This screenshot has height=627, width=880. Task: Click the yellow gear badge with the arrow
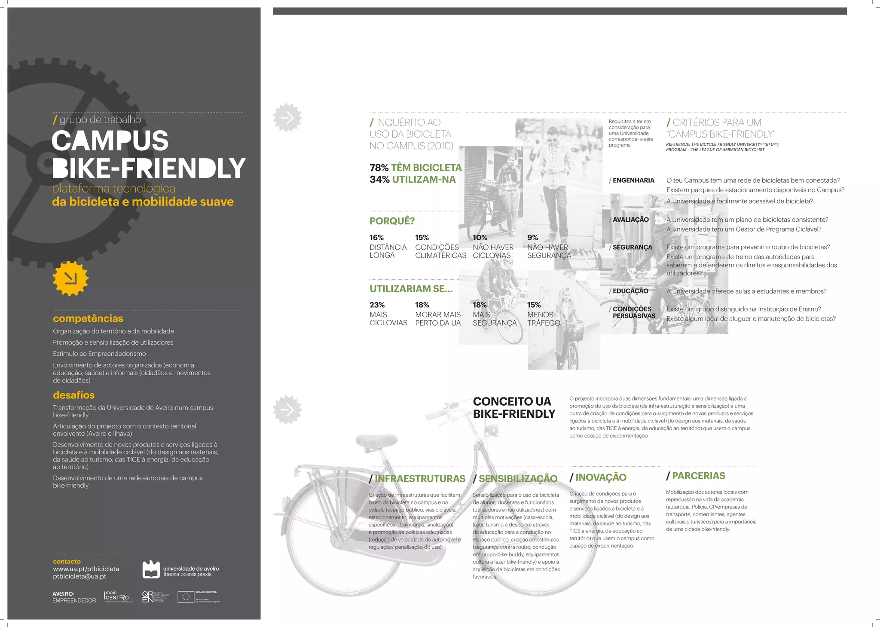pos(70,278)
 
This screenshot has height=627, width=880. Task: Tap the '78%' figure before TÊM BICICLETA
pos(379,168)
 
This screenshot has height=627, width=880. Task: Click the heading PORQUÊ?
pos(392,221)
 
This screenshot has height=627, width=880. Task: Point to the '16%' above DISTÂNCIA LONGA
pos(376,238)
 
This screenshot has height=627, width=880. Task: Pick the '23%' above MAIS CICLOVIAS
pos(377,305)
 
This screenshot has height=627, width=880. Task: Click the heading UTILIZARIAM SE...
pos(411,289)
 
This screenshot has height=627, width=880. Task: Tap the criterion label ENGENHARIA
pos(633,180)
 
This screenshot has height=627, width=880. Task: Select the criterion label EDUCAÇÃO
pos(630,291)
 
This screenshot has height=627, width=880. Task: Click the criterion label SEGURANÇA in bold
pos(632,248)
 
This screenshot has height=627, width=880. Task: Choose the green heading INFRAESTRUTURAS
pos(419,479)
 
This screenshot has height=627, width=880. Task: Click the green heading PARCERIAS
pos(698,476)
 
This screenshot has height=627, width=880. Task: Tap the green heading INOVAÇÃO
pos(600,477)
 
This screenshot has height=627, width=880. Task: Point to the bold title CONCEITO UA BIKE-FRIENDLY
pos(514,407)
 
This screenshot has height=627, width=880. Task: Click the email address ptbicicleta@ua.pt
pos(79,576)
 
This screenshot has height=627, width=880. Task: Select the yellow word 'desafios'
pos(73,395)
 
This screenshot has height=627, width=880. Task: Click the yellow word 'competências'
pos(88,318)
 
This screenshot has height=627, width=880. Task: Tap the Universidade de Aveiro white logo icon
pos(151,570)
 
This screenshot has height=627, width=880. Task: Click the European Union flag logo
pos(186,597)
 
